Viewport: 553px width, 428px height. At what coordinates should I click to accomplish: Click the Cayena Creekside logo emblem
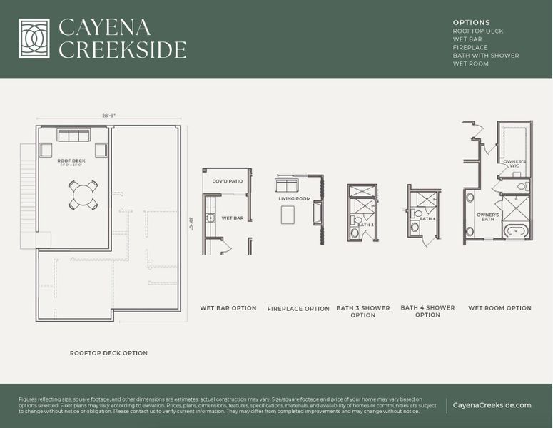[x=34, y=39]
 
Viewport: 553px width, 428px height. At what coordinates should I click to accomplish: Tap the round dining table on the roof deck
[x=83, y=193]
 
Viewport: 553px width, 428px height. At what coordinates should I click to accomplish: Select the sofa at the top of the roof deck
[x=73, y=136]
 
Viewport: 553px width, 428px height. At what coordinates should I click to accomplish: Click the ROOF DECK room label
[x=71, y=161]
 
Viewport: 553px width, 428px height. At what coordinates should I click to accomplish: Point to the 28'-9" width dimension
[x=109, y=116]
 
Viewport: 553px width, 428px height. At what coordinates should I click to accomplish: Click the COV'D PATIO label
[x=228, y=181]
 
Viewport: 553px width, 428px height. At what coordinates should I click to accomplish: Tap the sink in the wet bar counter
[x=210, y=218]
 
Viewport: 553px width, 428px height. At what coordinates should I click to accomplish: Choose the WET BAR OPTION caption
[x=228, y=308]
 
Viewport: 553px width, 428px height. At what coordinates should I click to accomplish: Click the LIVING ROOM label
[x=295, y=198]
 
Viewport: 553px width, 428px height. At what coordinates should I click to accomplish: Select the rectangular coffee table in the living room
[x=288, y=214]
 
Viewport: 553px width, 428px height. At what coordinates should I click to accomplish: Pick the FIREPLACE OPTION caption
[x=298, y=309]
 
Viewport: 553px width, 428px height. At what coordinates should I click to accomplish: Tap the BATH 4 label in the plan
[x=429, y=219]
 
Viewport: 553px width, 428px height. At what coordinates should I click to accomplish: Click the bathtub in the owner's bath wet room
[x=514, y=230]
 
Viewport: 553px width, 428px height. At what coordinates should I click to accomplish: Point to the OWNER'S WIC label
[x=515, y=164]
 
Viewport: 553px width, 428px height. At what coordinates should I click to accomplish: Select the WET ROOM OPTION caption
[x=499, y=308]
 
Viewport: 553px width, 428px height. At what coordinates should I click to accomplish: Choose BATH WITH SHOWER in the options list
[x=486, y=56]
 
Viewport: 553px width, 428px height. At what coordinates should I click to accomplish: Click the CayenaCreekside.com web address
[x=492, y=405]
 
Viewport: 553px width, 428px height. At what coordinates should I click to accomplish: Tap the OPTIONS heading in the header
[x=472, y=23]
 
